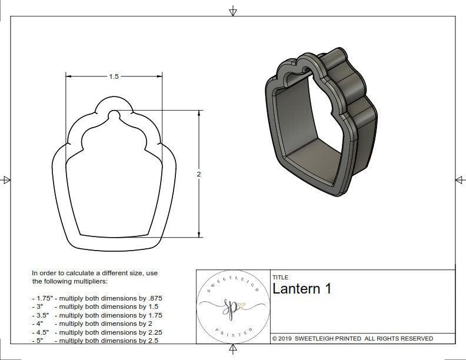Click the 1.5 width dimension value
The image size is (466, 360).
pos(114,76)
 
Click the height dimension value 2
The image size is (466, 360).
pos(199,174)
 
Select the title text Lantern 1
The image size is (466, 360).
pos(302,289)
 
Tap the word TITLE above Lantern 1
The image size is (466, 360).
pos(280,277)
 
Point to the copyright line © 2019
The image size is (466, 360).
pos(352,338)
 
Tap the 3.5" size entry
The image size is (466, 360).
pos(41,315)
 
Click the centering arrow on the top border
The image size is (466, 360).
pos(233,11)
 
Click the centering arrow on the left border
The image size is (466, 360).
pos(6,179)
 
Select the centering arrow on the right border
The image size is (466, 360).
pos(460,179)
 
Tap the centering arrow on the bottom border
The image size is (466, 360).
pos(233,349)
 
